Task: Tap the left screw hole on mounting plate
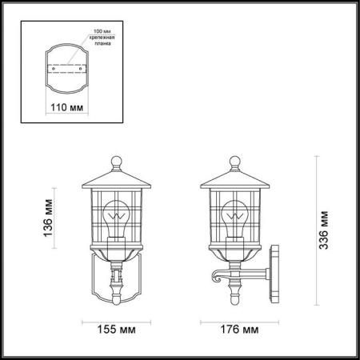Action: click(53, 69)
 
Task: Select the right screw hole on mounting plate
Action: click(83, 69)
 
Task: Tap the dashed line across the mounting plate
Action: click(68, 63)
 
